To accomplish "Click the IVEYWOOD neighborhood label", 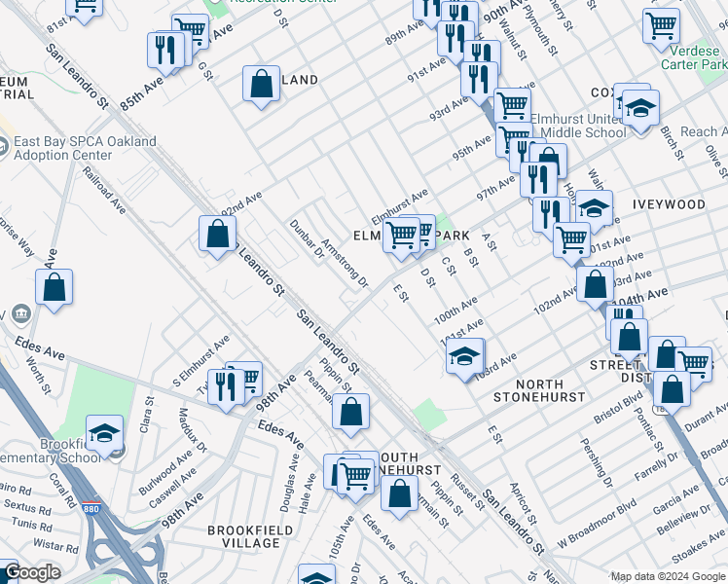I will coord(668,204).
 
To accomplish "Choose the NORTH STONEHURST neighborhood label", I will coord(538,390).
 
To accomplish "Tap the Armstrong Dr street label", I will coord(346,264).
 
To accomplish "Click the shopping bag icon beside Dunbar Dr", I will coord(217,233).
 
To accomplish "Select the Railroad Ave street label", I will coord(104,194).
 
